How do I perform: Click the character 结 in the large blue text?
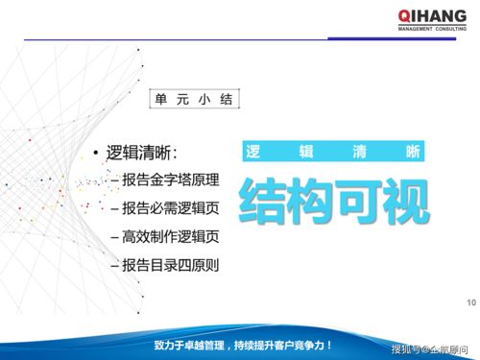coord(261,197)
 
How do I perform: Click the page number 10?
coord(470,304)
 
